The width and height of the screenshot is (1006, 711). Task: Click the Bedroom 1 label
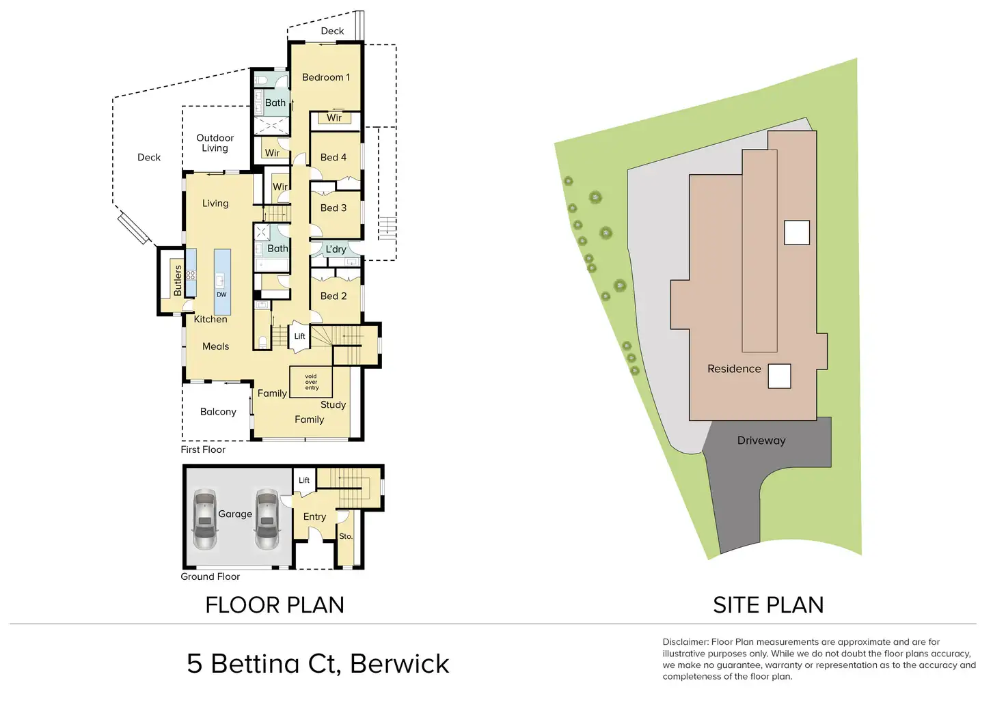(x=325, y=77)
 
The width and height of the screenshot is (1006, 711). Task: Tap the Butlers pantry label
(x=178, y=280)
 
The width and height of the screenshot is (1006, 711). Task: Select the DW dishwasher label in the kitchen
(x=221, y=295)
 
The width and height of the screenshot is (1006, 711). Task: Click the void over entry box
(x=311, y=382)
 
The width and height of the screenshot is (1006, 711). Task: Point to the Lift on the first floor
(x=299, y=336)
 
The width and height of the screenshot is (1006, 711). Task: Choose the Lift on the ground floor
(x=304, y=480)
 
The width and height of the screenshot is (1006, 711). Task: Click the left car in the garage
(x=204, y=519)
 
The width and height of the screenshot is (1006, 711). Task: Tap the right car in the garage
(x=267, y=519)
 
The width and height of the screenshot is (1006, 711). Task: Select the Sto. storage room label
(x=346, y=536)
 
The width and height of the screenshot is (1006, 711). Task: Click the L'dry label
(x=336, y=249)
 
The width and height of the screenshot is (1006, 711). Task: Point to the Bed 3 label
(x=334, y=208)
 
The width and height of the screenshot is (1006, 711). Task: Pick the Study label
(x=333, y=404)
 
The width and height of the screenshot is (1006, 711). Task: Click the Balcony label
(x=218, y=412)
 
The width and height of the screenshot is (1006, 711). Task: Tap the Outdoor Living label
(x=215, y=143)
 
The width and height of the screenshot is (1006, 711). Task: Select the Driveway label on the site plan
(x=761, y=441)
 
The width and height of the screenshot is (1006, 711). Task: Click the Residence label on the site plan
(x=734, y=369)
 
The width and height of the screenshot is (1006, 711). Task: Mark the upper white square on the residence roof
(x=797, y=233)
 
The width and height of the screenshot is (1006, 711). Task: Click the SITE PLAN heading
(x=768, y=605)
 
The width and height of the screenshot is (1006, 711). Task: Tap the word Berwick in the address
(x=400, y=664)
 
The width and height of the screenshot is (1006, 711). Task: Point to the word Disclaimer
(x=685, y=642)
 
